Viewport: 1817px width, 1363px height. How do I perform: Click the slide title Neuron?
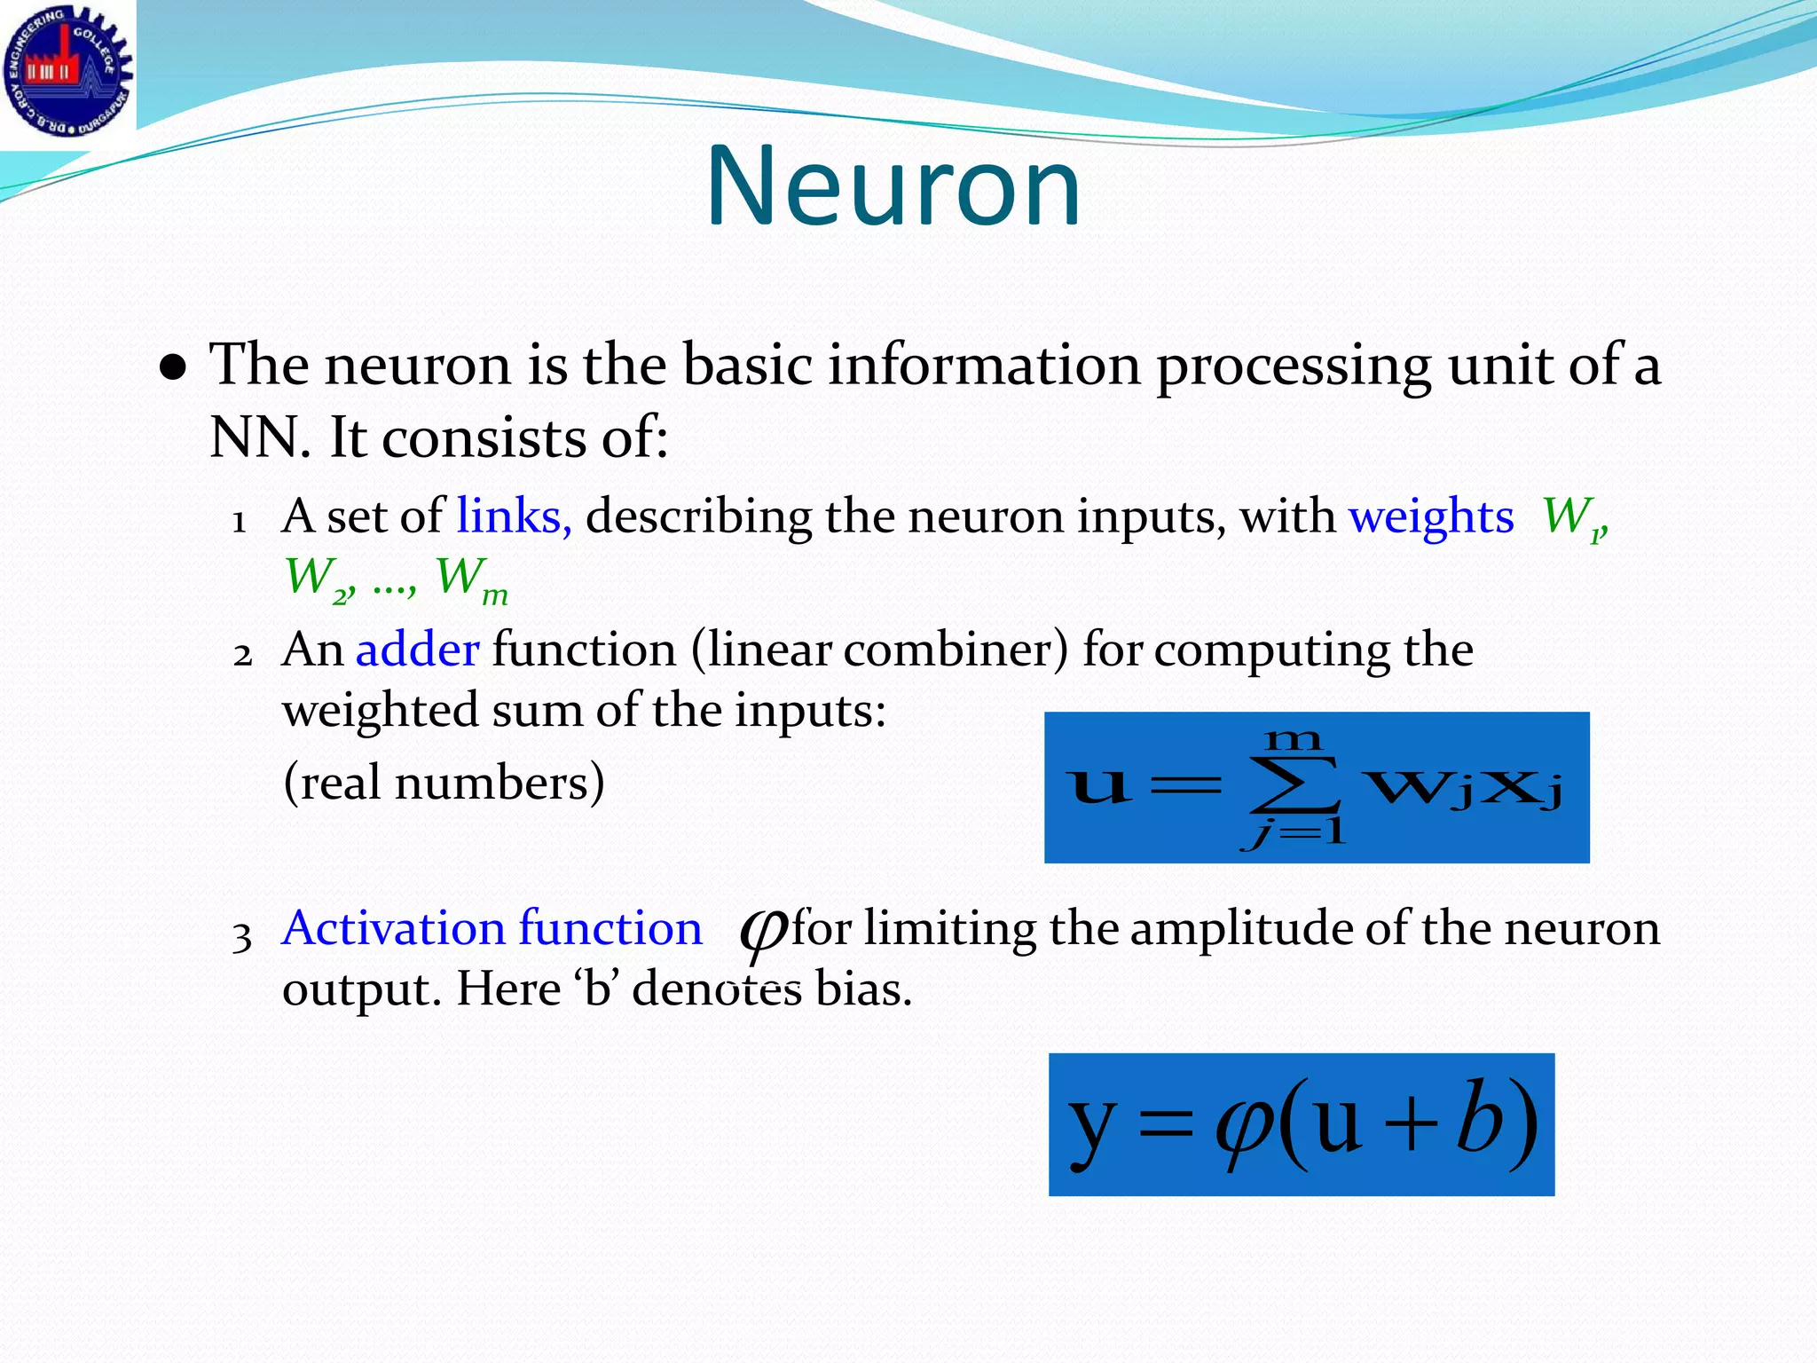(893, 188)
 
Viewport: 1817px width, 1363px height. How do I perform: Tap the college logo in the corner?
(67, 71)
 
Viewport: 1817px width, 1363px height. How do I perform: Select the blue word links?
(514, 516)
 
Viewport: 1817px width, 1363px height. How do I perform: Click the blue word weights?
(1431, 516)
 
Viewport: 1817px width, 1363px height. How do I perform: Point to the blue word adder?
(417, 650)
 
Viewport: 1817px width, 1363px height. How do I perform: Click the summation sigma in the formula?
(1294, 784)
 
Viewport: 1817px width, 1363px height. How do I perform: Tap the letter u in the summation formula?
(1098, 785)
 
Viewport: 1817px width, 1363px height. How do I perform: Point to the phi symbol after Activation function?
(761, 932)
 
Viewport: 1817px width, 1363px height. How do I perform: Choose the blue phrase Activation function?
(492, 929)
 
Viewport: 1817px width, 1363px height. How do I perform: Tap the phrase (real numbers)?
(444, 783)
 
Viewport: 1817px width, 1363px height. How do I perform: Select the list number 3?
(242, 937)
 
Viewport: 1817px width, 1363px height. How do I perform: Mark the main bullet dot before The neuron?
(173, 368)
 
